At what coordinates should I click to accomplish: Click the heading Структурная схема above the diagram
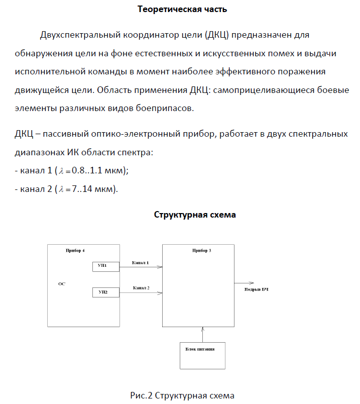[195, 215]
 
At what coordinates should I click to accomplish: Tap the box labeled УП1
[105, 266]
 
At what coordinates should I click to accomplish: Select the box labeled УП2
[105, 291]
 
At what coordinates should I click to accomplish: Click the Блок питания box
[203, 355]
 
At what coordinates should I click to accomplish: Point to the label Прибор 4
[75, 250]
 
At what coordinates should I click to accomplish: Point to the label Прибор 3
[201, 250]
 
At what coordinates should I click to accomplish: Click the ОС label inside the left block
[62, 284]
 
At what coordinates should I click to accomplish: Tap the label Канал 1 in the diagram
[140, 263]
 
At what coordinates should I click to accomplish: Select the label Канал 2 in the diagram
[141, 288]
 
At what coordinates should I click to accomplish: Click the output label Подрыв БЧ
[257, 290]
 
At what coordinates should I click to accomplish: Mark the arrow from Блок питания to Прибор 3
[203, 334]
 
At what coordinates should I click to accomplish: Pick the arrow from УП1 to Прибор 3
[141, 267]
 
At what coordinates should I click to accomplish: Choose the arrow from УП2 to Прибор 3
[141, 292]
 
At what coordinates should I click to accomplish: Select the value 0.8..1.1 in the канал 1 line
[88, 171]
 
